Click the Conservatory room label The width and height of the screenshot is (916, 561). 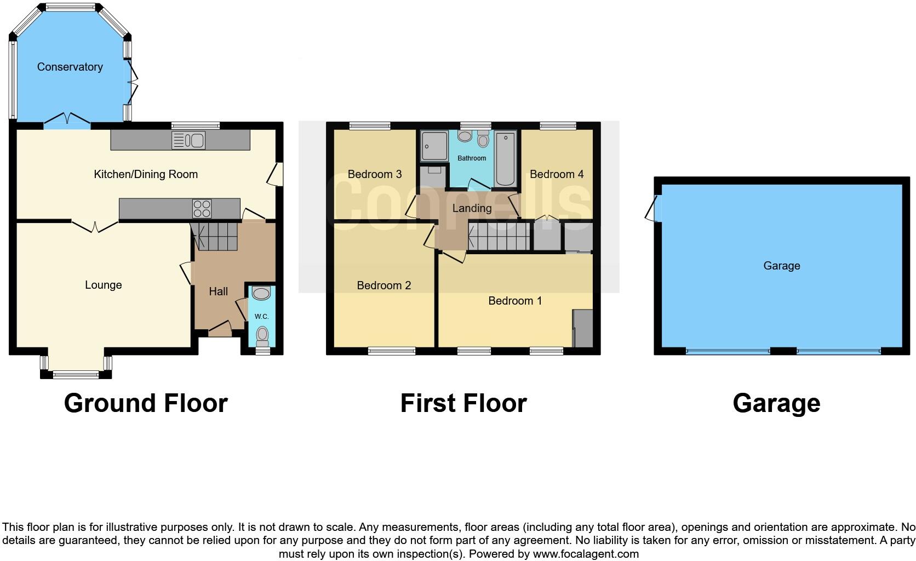tap(70, 67)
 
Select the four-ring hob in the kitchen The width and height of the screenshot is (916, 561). tap(202, 209)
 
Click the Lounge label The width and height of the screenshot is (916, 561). tap(103, 285)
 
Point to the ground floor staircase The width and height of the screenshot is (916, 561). tap(215, 236)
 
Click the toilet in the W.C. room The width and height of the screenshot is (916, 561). tap(262, 335)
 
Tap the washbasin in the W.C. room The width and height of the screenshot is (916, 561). tap(261, 294)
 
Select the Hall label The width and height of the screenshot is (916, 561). tap(218, 291)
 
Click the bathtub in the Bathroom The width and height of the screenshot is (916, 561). tap(505, 159)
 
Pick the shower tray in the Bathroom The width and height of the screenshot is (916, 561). tap(434, 146)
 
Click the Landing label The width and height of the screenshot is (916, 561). tap(472, 208)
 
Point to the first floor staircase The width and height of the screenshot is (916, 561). tap(499, 236)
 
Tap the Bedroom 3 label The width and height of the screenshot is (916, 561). tap(375, 174)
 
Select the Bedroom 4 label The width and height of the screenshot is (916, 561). tap(557, 174)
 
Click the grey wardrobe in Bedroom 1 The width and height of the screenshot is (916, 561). tap(583, 328)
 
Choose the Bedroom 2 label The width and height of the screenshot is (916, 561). tap(383, 285)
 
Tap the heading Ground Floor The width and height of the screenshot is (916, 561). tap(146, 403)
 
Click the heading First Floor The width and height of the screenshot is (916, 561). tap(463, 403)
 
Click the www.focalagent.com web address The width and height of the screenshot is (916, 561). tap(586, 554)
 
